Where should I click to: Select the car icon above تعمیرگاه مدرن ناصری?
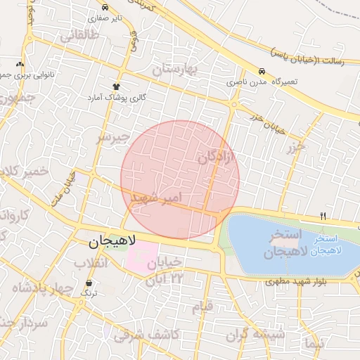[262, 72]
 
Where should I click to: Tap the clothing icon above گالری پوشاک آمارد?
[116, 86]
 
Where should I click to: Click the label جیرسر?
[114, 137]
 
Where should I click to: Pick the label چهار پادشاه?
[44, 288]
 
